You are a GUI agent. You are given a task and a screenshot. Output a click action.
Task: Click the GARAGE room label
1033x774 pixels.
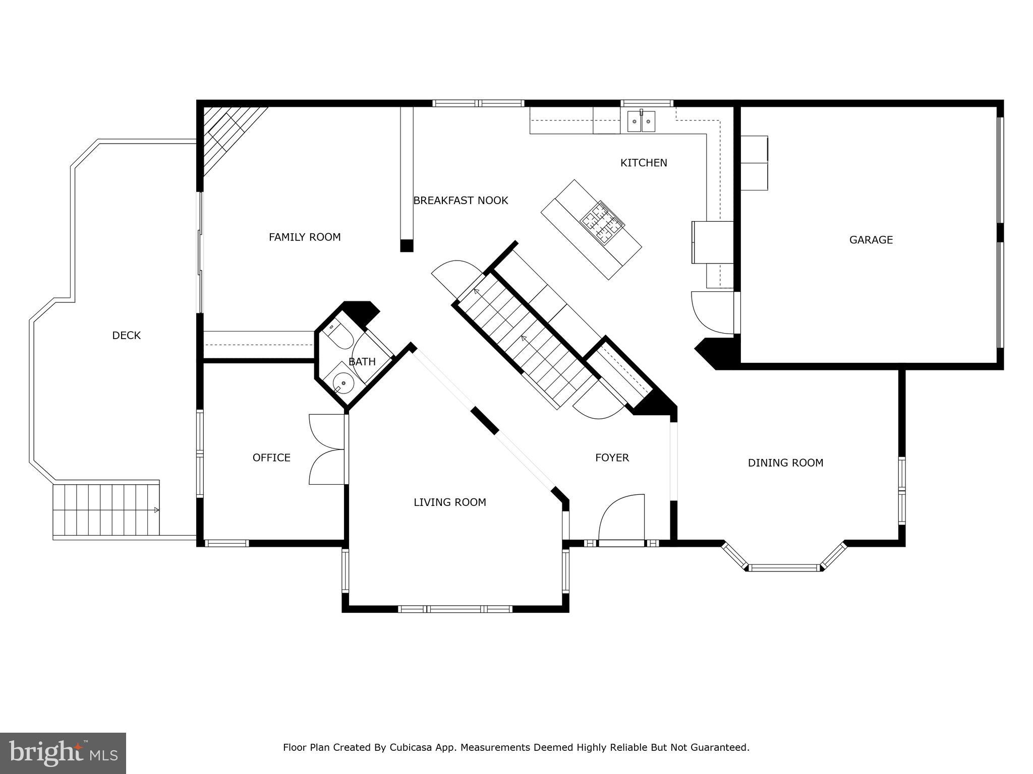(x=871, y=240)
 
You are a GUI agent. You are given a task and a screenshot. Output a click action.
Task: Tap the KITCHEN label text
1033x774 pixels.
(x=643, y=163)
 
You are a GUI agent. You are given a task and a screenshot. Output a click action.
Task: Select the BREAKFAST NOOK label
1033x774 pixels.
(x=461, y=201)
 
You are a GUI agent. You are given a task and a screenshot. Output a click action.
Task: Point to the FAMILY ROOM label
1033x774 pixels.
(x=305, y=237)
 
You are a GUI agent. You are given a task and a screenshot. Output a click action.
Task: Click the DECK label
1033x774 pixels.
(x=126, y=336)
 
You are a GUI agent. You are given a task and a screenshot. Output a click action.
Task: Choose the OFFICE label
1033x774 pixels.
(x=271, y=458)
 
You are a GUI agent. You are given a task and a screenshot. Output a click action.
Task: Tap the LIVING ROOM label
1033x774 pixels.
(x=449, y=502)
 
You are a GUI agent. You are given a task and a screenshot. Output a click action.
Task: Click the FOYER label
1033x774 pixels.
(x=612, y=458)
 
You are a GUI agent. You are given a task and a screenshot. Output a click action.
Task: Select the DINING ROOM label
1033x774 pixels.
(x=785, y=463)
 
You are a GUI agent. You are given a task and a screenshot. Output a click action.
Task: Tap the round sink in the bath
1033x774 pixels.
(x=344, y=383)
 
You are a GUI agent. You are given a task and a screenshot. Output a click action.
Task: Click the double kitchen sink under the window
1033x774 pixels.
(x=641, y=121)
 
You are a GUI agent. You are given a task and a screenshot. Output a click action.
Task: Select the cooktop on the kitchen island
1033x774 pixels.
(x=602, y=221)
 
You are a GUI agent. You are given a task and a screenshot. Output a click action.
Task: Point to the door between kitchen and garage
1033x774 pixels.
(x=713, y=312)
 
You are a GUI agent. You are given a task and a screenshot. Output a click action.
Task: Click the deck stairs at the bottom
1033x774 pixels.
(x=106, y=510)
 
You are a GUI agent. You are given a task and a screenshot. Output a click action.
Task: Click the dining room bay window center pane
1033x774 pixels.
(x=784, y=568)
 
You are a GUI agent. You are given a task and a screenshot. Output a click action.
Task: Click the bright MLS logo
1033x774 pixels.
(x=63, y=753)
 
